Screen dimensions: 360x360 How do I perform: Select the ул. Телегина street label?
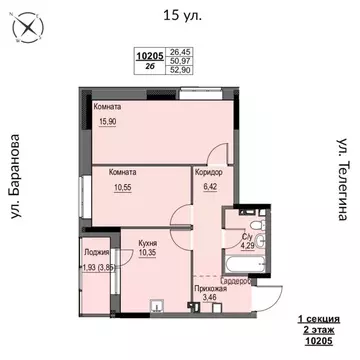point(341,186)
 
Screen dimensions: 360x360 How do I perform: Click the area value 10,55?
point(122,186)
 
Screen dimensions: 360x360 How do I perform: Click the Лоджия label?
point(97,252)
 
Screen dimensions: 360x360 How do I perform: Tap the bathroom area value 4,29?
point(247,241)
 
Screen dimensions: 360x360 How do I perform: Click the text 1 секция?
point(319,317)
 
